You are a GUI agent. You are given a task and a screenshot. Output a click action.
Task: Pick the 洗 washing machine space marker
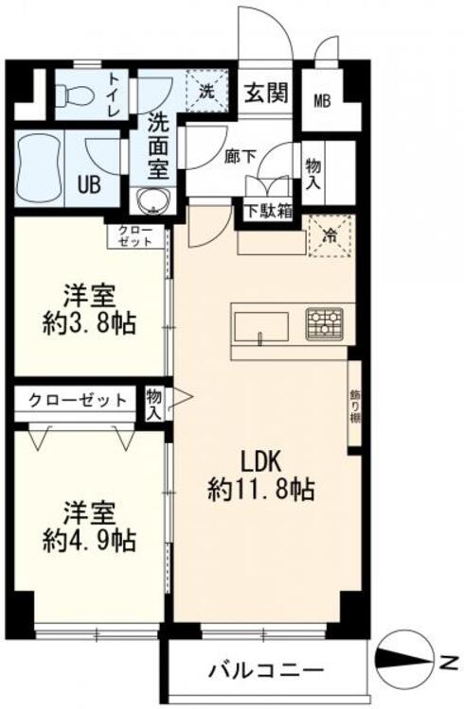click(x=207, y=92)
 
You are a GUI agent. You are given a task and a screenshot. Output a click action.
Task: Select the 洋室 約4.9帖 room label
click(x=90, y=527)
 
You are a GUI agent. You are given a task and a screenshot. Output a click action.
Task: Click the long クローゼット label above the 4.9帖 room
click(x=78, y=399)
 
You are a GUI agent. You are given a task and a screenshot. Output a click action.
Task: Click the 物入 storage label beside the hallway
click(x=313, y=172)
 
